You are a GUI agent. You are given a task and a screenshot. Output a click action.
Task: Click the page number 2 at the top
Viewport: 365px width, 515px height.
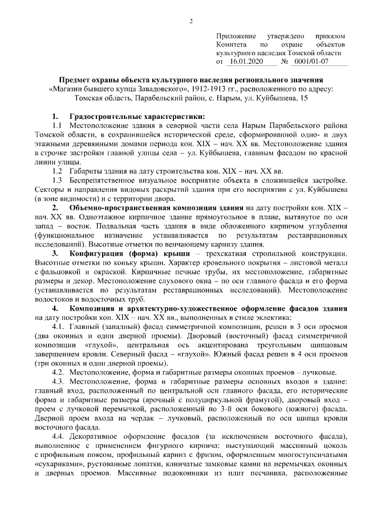(192, 22)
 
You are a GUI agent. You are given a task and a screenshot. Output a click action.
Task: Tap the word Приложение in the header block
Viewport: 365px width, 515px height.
(236, 35)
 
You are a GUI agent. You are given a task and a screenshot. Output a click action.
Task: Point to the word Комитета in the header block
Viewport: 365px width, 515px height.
(231, 44)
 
